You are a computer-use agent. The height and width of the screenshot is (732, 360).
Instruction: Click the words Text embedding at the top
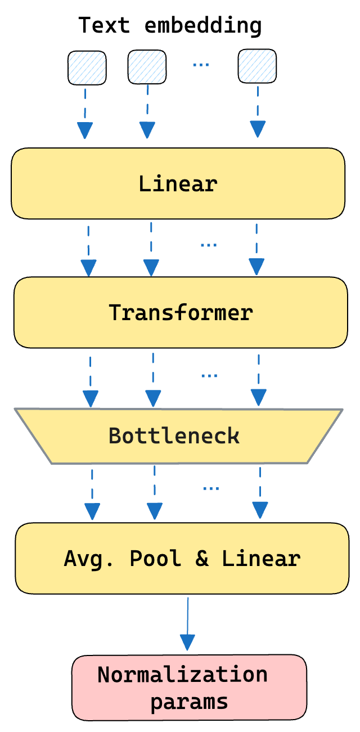click(x=170, y=26)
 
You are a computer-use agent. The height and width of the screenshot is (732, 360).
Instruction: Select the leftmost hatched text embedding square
click(x=87, y=68)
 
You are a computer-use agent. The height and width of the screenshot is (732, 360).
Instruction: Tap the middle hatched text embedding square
click(x=147, y=67)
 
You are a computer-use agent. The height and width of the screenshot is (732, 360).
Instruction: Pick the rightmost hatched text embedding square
click(x=257, y=66)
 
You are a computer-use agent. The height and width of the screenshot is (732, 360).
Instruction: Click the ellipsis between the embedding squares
click(x=201, y=64)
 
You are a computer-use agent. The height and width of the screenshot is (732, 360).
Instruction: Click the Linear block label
click(x=178, y=184)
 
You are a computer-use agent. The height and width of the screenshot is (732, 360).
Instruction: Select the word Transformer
click(x=181, y=312)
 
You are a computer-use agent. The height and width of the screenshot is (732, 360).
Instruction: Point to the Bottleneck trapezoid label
click(x=174, y=435)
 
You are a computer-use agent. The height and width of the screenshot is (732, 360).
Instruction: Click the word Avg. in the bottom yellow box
click(x=91, y=558)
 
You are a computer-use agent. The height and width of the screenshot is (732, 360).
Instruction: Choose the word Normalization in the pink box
click(x=182, y=674)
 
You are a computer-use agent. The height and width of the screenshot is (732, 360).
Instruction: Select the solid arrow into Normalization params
click(x=187, y=625)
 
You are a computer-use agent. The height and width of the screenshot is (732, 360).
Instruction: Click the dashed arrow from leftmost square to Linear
click(x=84, y=113)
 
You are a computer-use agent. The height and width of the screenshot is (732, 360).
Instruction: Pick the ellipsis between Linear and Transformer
click(x=209, y=245)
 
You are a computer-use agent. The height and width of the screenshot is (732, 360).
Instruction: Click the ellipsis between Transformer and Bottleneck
click(x=209, y=375)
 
